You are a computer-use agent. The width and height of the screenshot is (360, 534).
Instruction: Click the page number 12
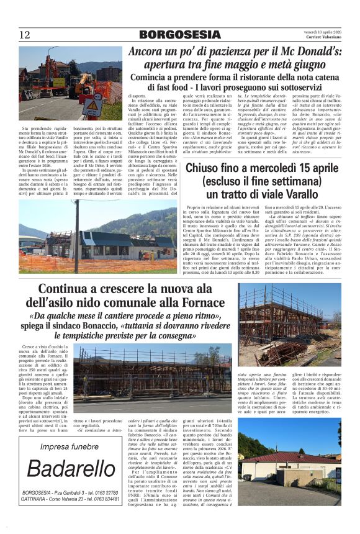(x=24, y=34)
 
